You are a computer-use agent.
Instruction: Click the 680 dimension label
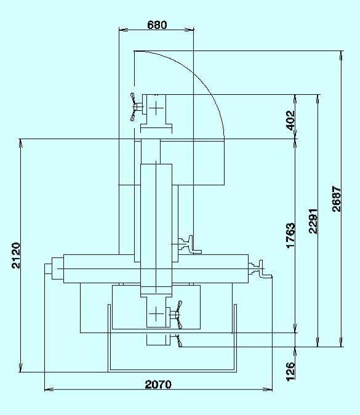coord(157,25)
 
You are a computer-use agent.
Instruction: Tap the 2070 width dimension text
coord(158,384)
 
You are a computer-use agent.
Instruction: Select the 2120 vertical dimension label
coord(16,256)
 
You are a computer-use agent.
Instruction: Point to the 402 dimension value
coord(290,121)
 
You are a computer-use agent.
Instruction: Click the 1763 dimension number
coord(290,235)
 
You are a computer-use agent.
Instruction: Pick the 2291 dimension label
coord(313,221)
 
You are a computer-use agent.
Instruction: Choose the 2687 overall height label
coord(337,199)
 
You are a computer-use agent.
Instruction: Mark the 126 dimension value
coord(290,371)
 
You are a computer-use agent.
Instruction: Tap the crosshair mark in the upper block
coord(156,108)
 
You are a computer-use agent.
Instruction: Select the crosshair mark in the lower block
coord(156,314)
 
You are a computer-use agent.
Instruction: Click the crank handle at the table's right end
coord(261,269)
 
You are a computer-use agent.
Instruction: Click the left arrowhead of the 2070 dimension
coord(49,389)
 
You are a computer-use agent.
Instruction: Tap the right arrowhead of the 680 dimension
coord(189,30)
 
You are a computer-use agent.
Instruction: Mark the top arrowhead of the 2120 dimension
coord(21,143)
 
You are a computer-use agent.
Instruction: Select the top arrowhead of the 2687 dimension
coord(342,55)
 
